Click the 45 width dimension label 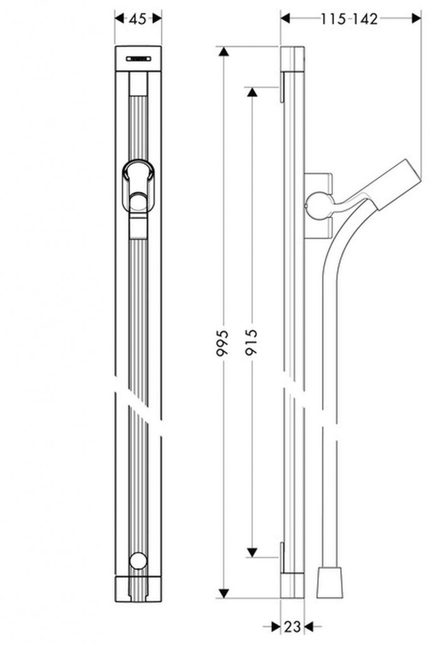138,20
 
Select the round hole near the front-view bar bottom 138,560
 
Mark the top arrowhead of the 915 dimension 252,92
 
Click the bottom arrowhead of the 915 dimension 252,552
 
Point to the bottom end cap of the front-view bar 138,590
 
